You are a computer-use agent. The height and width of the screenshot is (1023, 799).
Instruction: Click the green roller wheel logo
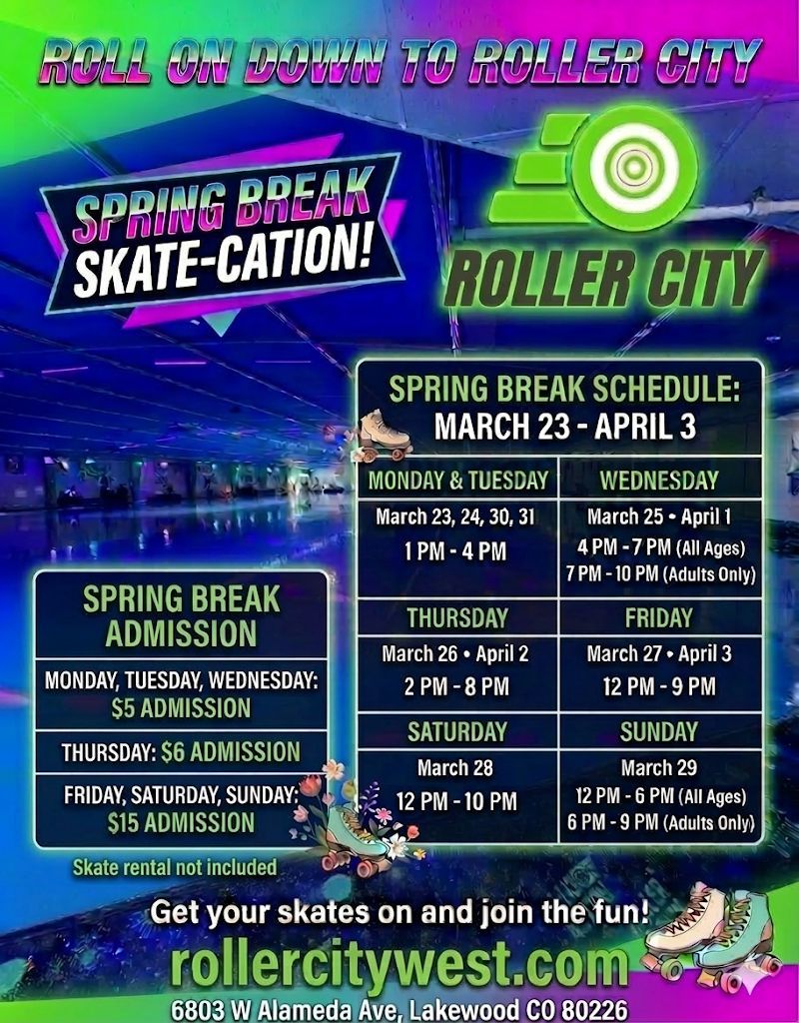(593, 168)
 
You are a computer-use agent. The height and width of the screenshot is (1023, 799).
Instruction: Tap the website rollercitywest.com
(399, 967)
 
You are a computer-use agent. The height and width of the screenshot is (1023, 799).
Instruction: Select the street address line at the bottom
(399, 1009)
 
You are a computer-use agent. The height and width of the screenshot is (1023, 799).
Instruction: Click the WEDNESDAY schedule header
(659, 481)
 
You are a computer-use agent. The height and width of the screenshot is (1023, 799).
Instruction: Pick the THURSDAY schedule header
(457, 618)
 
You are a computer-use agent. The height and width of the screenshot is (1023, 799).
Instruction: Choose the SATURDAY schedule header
(457, 732)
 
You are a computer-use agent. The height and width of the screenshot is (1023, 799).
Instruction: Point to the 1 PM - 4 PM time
(455, 551)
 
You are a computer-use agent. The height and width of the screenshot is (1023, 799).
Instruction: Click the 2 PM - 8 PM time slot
(455, 687)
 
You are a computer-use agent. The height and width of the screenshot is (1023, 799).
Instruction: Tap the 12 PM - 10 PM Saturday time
(456, 802)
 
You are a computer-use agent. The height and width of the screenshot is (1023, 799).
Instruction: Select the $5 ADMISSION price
(181, 708)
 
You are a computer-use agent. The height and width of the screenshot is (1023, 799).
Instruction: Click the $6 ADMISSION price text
(231, 752)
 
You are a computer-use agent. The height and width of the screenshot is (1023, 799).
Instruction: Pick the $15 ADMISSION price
(181, 823)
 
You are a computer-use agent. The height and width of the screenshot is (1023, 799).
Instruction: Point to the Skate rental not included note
(175, 868)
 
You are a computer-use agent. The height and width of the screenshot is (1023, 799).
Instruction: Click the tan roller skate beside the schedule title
(385, 435)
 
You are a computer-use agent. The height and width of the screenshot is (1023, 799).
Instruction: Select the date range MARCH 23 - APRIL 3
(565, 428)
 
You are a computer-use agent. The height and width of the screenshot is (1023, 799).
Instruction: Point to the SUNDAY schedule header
(659, 732)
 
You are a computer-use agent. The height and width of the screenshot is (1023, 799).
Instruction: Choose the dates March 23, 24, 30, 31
(455, 517)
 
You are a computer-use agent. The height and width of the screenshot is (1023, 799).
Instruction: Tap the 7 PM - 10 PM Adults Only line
(660, 574)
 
